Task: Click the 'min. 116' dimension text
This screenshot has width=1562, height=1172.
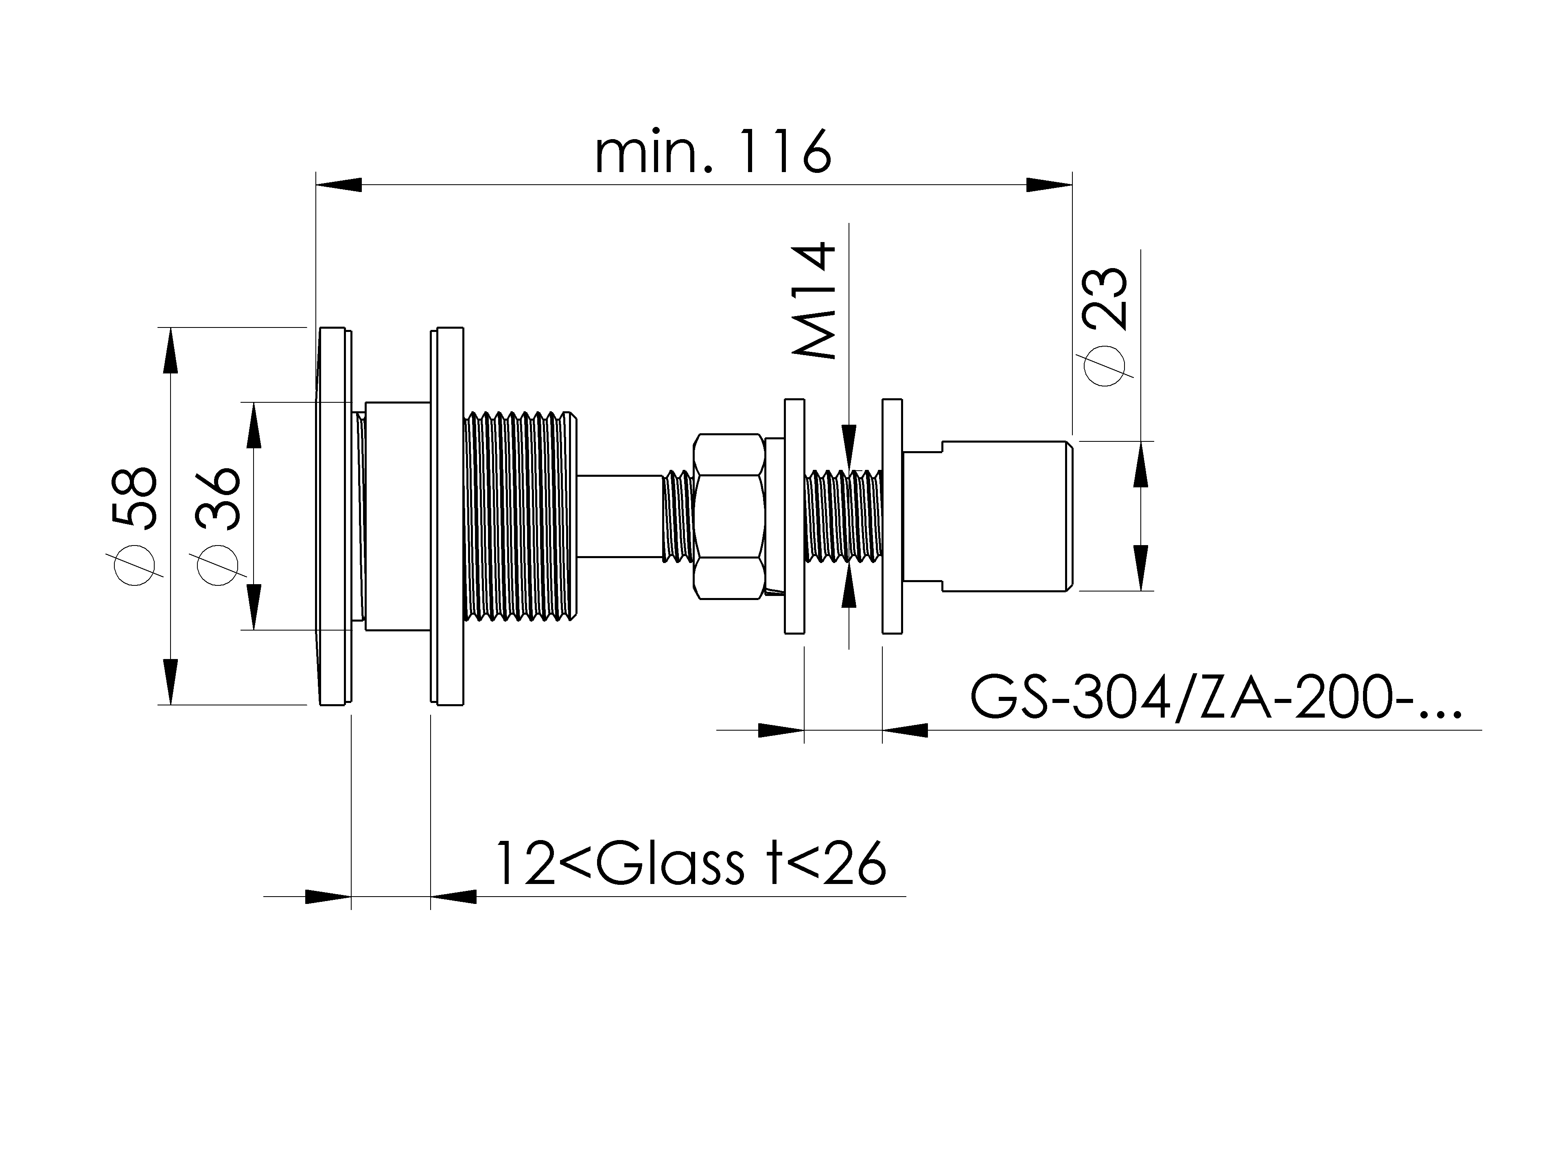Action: (713, 152)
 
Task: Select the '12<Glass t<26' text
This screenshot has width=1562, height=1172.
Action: (689, 864)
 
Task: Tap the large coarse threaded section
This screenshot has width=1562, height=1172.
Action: (521, 517)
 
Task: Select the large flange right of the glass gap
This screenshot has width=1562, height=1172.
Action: (447, 516)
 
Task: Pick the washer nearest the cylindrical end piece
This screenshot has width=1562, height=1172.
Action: (892, 516)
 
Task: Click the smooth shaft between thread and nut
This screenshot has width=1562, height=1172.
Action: (620, 517)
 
